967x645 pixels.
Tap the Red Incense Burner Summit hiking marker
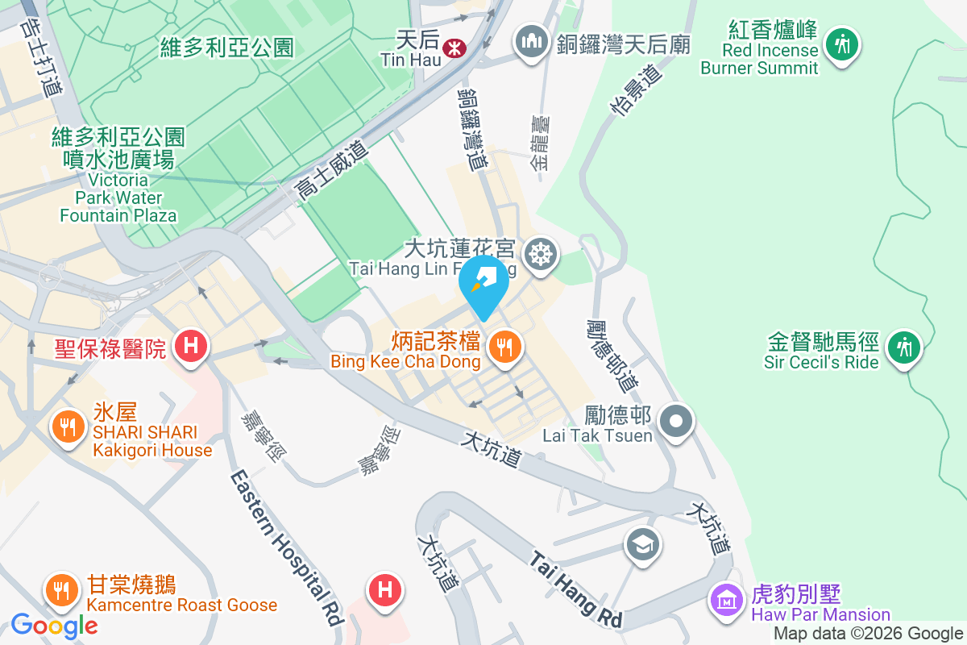(843, 44)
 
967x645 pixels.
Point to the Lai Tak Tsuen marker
(675, 420)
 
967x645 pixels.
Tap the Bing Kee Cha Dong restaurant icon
(505, 347)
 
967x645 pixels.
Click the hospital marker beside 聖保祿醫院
(191, 347)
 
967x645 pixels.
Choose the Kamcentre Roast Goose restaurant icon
(60, 591)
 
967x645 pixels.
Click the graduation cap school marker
(643, 544)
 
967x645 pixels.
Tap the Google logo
(54, 625)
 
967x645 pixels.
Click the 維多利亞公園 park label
(227, 48)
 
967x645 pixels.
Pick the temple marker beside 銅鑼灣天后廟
(530, 44)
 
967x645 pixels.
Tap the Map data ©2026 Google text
(869, 634)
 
